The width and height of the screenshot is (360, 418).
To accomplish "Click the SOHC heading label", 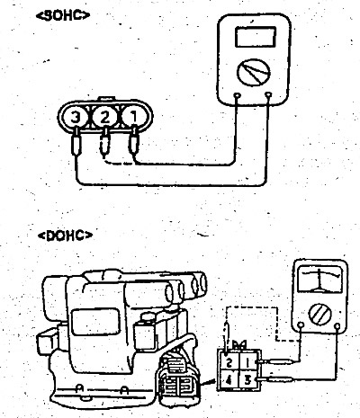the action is (x=63, y=15).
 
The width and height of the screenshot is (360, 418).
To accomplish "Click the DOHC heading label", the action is (x=65, y=236).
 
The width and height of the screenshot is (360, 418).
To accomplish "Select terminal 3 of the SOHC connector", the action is (x=76, y=117).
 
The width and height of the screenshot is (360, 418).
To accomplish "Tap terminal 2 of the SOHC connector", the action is (x=104, y=117).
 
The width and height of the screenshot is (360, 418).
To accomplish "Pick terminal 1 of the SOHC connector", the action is (x=134, y=117).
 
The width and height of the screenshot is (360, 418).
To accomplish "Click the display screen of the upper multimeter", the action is (x=256, y=37).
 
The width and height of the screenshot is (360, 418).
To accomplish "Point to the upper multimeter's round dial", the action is (x=254, y=72).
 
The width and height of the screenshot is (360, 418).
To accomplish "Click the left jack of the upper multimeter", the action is (x=238, y=96).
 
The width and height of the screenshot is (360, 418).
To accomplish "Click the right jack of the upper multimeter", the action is (x=269, y=95).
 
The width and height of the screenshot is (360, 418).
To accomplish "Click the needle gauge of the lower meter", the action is (x=320, y=280).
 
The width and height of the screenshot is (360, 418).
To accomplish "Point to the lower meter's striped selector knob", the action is (x=319, y=315).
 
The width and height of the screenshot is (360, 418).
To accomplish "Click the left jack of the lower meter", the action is (x=301, y=325).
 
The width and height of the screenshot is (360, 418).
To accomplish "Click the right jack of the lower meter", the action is (x=337, y=326).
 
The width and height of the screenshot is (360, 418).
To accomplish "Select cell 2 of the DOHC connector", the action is (x=229, y=362).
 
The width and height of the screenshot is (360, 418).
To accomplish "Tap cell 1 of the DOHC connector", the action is (x=248, y=362).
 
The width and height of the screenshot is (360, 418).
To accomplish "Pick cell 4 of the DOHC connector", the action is (x=229, y=380).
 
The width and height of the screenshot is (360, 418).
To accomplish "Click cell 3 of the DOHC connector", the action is (x=248, y=380).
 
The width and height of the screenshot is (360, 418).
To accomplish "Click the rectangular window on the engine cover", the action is (x=96, y=322).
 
